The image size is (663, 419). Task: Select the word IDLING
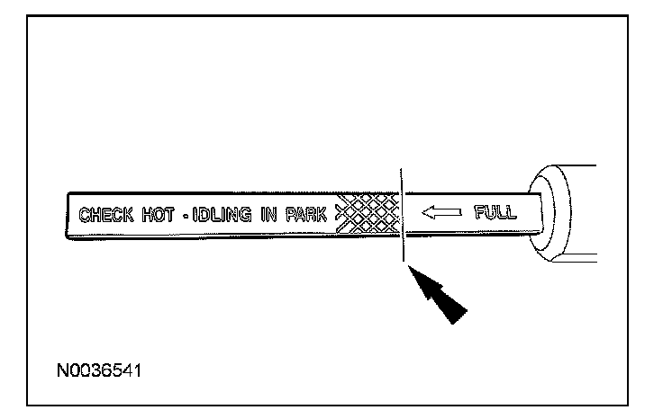coord(215,215)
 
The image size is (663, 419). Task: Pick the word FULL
coord(495,213)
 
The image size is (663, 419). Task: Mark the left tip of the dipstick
coord(68,216)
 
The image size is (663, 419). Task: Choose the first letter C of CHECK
coord(86,215)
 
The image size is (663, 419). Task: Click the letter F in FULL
coord(478,213)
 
